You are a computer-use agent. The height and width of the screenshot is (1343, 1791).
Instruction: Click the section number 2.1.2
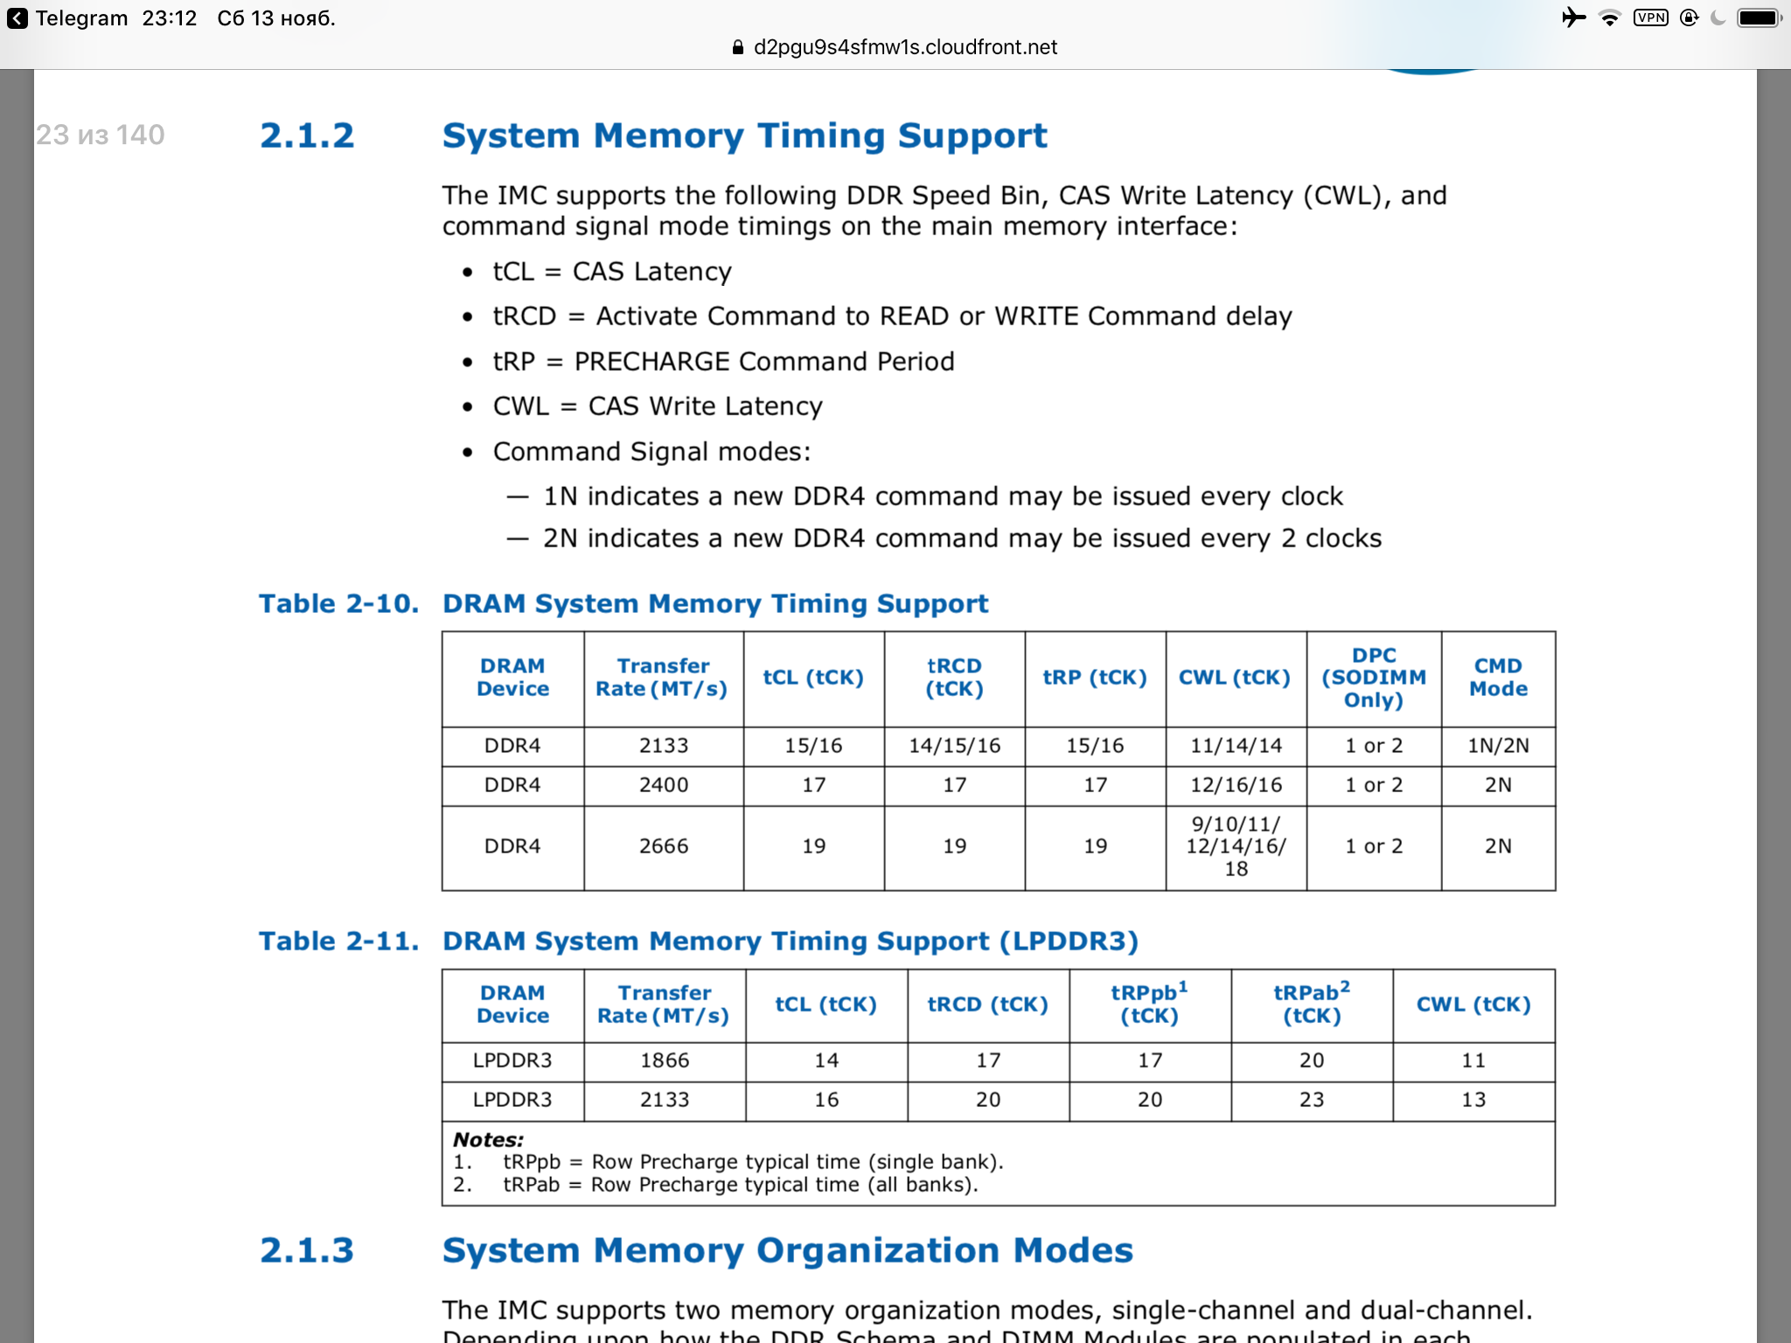coord(307,136)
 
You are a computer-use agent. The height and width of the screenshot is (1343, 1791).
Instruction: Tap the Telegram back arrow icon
coord(17,18)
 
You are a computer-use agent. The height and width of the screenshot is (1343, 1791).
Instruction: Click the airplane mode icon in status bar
coord(1573,17)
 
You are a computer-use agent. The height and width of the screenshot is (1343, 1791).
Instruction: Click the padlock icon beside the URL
coord(737,48)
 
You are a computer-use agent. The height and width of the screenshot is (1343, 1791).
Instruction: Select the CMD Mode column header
coord(1498,678)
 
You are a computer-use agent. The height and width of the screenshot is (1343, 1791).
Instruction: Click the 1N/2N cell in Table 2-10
coord(1498,746)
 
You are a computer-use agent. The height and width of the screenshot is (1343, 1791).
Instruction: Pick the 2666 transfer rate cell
coord(664,846)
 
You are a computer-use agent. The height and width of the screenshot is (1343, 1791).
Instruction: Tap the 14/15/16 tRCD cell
coord(954,746)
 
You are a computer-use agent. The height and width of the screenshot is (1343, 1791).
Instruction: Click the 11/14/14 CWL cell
coord(1236,746)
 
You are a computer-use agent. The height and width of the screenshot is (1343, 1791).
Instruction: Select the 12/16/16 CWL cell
coord(1236,785)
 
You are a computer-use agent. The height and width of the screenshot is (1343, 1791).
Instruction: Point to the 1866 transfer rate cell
coord(665,1061)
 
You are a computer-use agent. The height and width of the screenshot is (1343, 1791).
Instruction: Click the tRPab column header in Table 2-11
coord(1312,1004)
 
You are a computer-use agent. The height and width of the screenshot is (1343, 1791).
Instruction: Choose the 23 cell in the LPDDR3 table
coord(1312,1100)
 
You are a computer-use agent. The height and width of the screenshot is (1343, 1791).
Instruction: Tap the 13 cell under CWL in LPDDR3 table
coord(1474,1100)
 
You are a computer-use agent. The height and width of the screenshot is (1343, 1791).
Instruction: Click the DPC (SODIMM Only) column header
coord(1374,678)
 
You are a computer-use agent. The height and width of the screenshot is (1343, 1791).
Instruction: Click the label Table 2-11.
coord(338,942)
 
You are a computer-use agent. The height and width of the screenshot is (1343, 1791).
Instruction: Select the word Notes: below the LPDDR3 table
coord(488,1140)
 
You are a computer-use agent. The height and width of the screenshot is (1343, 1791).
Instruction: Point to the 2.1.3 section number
coord(307,1251)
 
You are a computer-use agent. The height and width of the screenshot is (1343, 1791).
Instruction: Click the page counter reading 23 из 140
coord(101,135)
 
